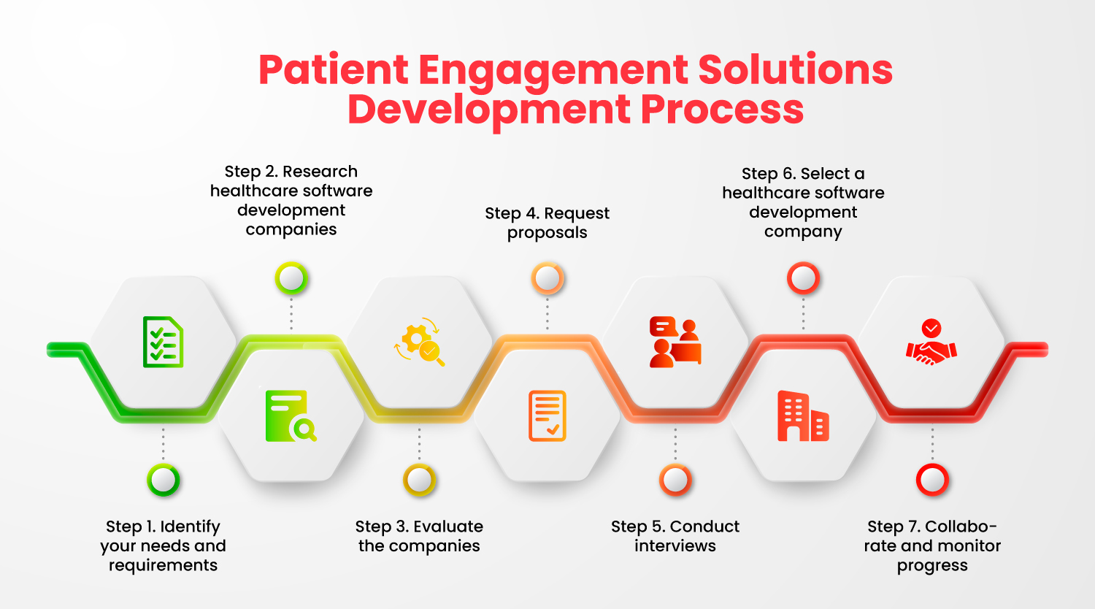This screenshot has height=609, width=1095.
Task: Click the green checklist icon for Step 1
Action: pyautogui.click(x=163, y=342)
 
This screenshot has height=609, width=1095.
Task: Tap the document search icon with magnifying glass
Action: pyautogui.click(x=291, y=416)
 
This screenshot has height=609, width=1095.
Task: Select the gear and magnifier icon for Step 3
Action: pyautogui.click(x=420, y=342)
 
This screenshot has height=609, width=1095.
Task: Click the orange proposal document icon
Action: pyautogui.click(x=547, y=416)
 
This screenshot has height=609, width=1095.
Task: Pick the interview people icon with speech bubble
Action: pyautogui.click(x=675, y=342)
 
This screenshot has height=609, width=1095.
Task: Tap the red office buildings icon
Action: pyautogui.click(x=803, y=416)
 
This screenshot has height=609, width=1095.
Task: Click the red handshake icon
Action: pyautogui.click(x=931, y=342)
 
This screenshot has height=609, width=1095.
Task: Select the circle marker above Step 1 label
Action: pyautogui.click(x=163, y=480)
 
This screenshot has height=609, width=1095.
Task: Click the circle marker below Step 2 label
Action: pyautogui.click(x=291, y=278)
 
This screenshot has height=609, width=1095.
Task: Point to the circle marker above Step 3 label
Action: pyautogui.click(x=419, y=480)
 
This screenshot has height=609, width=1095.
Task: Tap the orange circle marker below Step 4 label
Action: pyautogui.click(x=547, y=278)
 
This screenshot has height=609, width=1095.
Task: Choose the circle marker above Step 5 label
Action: pyautogui.click(x=675, y=480)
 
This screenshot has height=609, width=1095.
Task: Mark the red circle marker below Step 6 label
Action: pyautogui.click(x=803, y=278)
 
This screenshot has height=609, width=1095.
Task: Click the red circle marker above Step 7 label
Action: pyautogui.click(x=932, y=480)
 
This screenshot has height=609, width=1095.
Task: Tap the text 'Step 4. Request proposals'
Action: pyautogui.click(x=547, y=223)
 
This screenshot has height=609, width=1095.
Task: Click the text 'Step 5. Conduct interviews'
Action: pyautogui.click(x=675, y=536)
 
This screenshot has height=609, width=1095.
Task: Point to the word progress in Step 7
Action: pyautogui.click(x=932, y=566)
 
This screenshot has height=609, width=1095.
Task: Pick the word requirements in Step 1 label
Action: pyautogui.click(x=163, y=566)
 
